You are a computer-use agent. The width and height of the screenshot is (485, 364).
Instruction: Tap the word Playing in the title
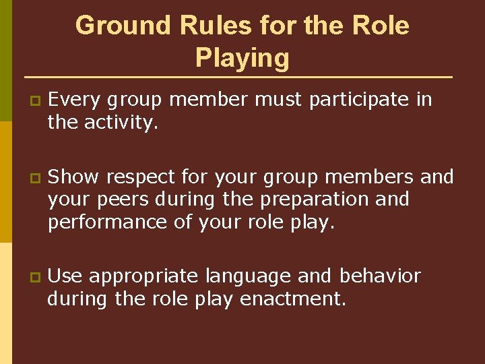243,58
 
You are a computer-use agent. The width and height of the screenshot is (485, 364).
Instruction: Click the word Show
74,177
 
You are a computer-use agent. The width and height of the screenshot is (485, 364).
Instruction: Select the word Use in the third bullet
65,276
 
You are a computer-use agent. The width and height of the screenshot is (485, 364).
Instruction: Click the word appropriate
143,277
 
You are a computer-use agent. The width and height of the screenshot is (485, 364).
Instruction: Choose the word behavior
380,276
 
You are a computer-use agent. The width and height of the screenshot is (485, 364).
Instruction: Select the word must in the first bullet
279,100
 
